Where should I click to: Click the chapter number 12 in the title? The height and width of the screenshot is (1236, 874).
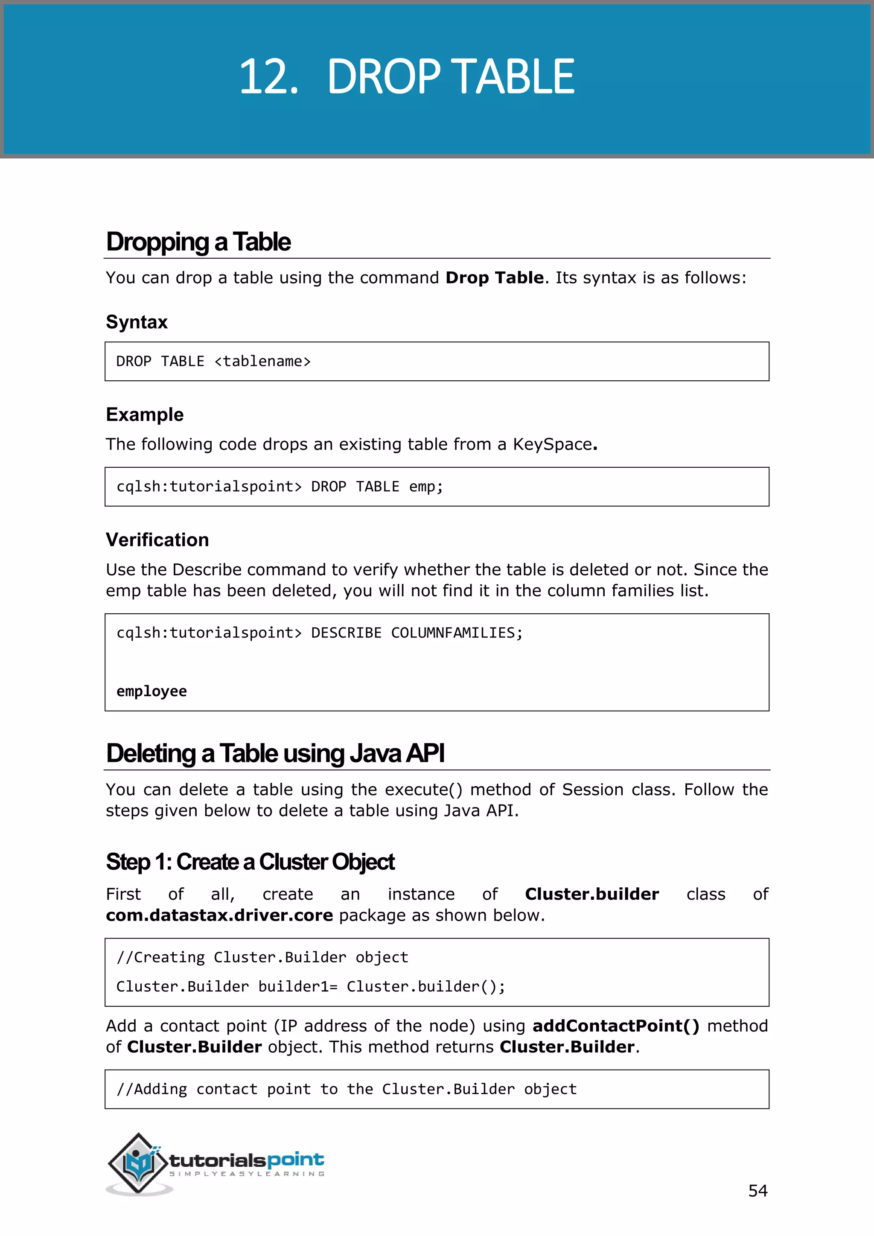click(x=268, y=77)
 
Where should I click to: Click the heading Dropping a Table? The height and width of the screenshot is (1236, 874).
click(x=198, y=242)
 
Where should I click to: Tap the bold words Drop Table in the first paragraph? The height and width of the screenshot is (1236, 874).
click(x=494, y=278)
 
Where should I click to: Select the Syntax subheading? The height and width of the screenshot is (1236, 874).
click(x=137, y=322)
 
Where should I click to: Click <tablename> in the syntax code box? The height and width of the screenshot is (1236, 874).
click(x=262, y=361)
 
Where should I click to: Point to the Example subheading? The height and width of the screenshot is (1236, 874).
click(x=144, y=414)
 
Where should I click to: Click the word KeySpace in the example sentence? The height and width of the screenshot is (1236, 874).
click(x=552, y=444)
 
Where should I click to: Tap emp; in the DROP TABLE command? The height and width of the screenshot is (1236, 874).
click(x=426, y=487)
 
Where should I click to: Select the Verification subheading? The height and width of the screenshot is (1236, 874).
click(x=157, y=540)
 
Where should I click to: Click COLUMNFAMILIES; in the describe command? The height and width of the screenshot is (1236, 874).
click(x=456, y=633)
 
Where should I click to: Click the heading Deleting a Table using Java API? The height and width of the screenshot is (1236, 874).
click(x=275, y=753)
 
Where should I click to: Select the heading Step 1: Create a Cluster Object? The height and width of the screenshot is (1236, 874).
click(x=250, y=862)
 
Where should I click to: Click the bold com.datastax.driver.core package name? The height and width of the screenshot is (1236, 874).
click(x=219, y=915)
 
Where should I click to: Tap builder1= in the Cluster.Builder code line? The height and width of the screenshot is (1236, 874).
click(x=297, y=987)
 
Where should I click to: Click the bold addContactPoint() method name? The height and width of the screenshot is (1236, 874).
click(x=616, y=1026)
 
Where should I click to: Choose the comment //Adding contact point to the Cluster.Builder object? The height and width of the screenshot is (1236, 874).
click(x=346, y=1090)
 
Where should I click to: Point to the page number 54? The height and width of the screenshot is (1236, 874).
click(x=757, y=1191)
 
